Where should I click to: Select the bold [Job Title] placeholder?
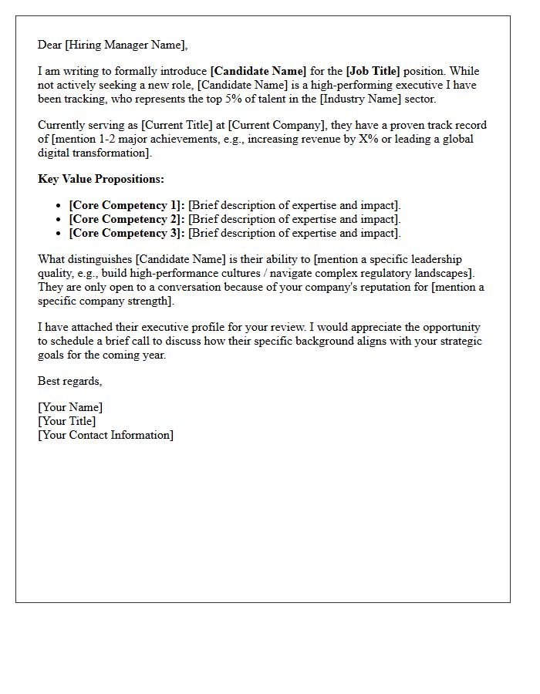pos(374,71)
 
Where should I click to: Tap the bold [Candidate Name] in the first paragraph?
pos(258,71)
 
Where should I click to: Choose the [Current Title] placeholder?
pos(174,125)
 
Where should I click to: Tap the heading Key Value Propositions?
pos(101,179)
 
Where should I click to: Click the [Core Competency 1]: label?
pos(127,205)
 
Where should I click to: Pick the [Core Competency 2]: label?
pos(127,219)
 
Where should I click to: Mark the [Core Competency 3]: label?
pos(127,233)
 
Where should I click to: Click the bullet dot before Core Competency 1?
pos(59,206)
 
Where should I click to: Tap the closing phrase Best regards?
pos(70,381)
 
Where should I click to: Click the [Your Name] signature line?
pos(70,407)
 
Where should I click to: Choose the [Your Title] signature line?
pos(67,421)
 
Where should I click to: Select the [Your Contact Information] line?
pos(106,435)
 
